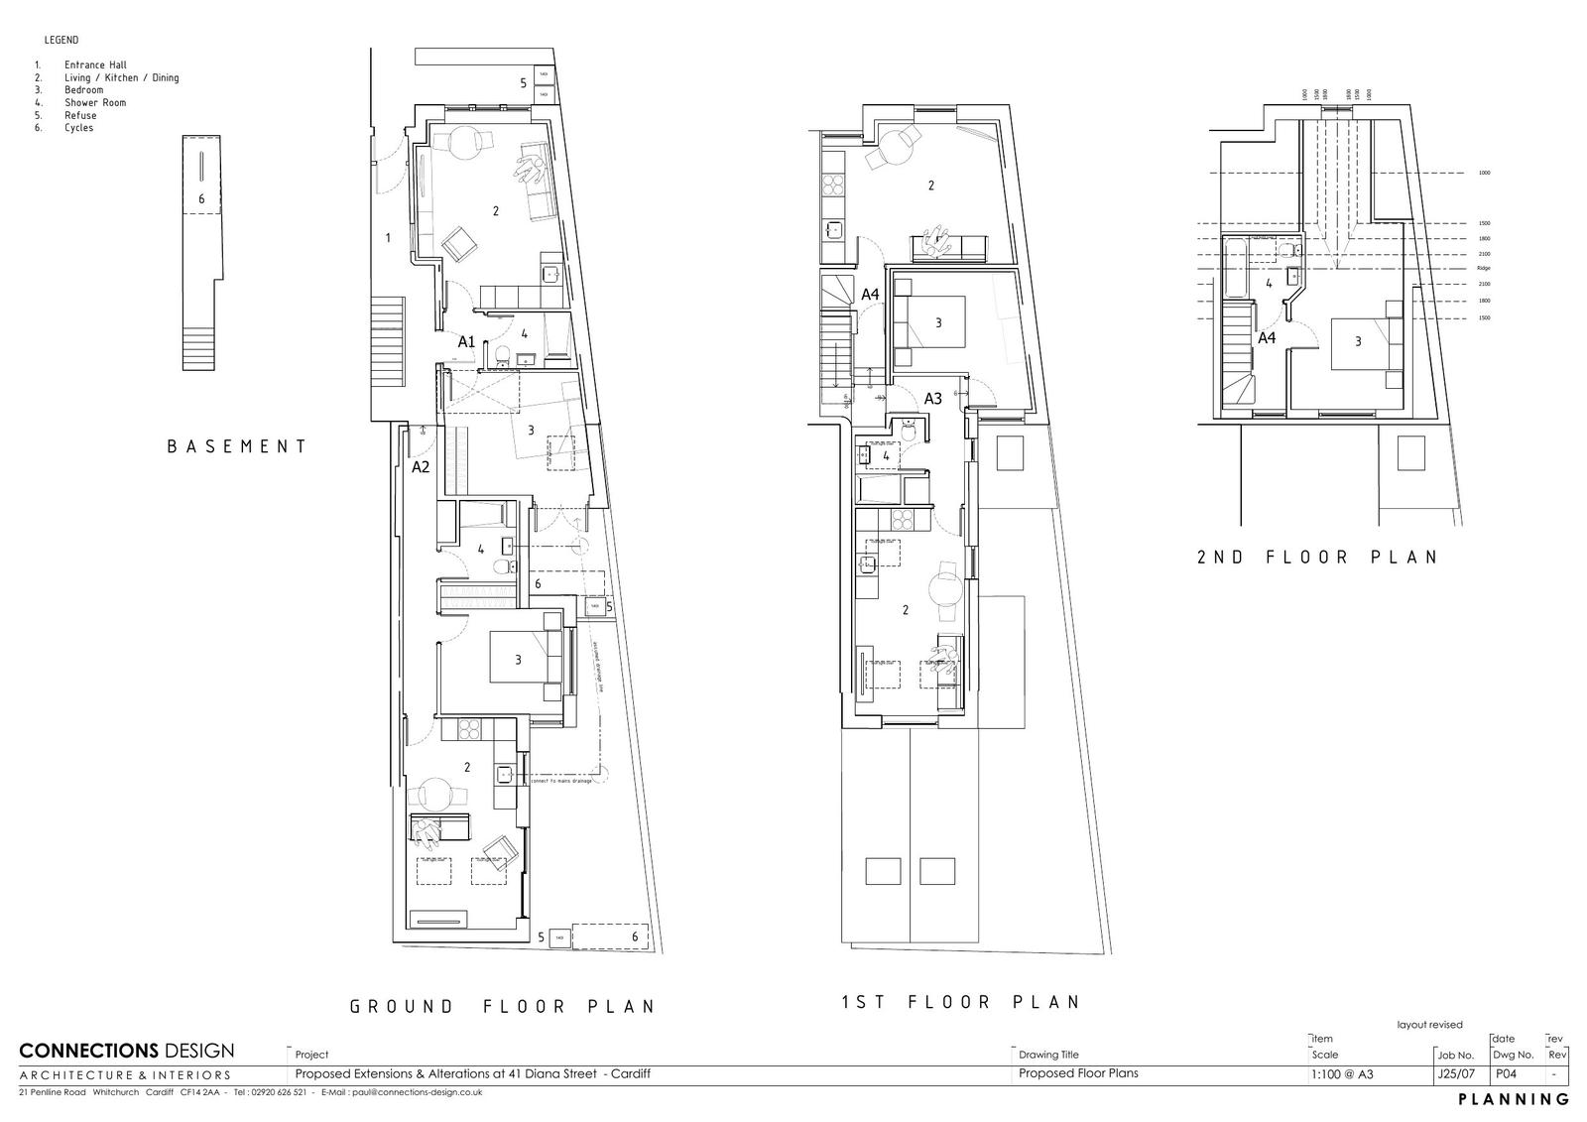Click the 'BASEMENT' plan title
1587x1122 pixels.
pos(237,446)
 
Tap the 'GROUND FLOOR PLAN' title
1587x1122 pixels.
pos(502,1006)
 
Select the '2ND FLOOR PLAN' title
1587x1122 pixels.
pos(1317,557)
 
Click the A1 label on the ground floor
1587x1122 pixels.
pos(466,342)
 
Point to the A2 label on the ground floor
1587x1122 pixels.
pos(421,466)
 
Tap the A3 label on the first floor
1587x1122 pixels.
pos(932,399)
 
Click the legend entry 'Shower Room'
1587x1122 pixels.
pos(95,102)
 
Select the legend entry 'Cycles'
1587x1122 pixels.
pos(79,128)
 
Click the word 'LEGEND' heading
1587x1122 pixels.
pos(61,41)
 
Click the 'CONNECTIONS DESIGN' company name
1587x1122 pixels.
pos(127,1051)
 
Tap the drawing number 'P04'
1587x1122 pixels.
pos(1506,1073)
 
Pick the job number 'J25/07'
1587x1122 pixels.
pos(1450,1073)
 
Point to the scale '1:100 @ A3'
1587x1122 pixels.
pos(1342,1073)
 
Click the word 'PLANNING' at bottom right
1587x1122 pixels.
pos(1514,1099)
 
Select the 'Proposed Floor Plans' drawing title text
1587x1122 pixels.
pos(1078,1073)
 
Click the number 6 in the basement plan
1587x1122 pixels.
pos(201,199)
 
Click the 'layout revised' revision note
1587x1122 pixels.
pos(1429,1025)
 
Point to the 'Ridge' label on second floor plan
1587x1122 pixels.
pos(1484,269)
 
